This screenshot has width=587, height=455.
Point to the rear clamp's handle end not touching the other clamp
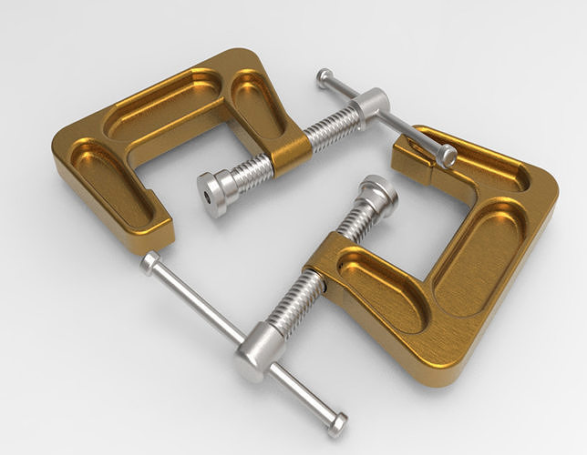click(x=324, y=78)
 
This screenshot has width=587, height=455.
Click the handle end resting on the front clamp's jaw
click(x=446, y=157)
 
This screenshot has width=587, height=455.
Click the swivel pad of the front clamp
click(x=376, y=193)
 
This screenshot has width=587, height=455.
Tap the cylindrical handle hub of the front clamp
click(x=257, y=350)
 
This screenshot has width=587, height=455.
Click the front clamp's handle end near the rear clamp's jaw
click(x=150, y=263)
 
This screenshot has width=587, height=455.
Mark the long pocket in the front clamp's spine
click(x=479, y=259)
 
